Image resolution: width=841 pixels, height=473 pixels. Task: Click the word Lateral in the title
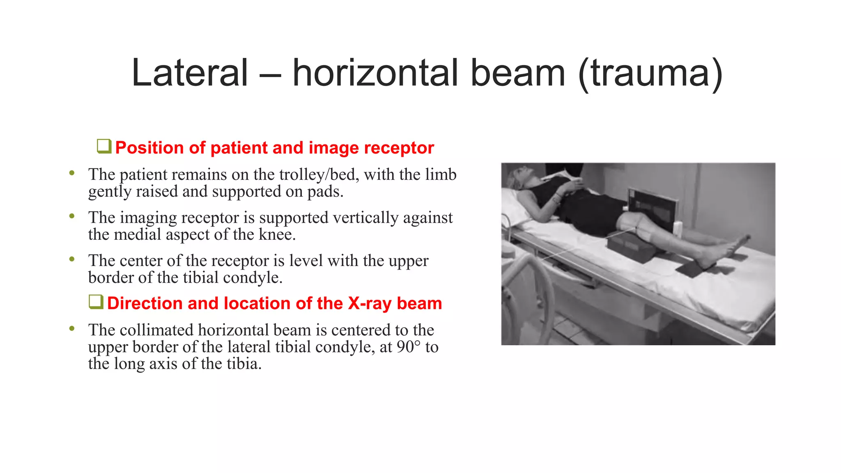(x=190, y=73)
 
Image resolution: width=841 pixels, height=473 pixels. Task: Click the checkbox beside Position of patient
(x=104, y=146)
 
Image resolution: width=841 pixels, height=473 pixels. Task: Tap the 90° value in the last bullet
(x=409, y=347)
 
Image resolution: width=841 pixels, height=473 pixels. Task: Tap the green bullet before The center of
(x=72, y=259)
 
